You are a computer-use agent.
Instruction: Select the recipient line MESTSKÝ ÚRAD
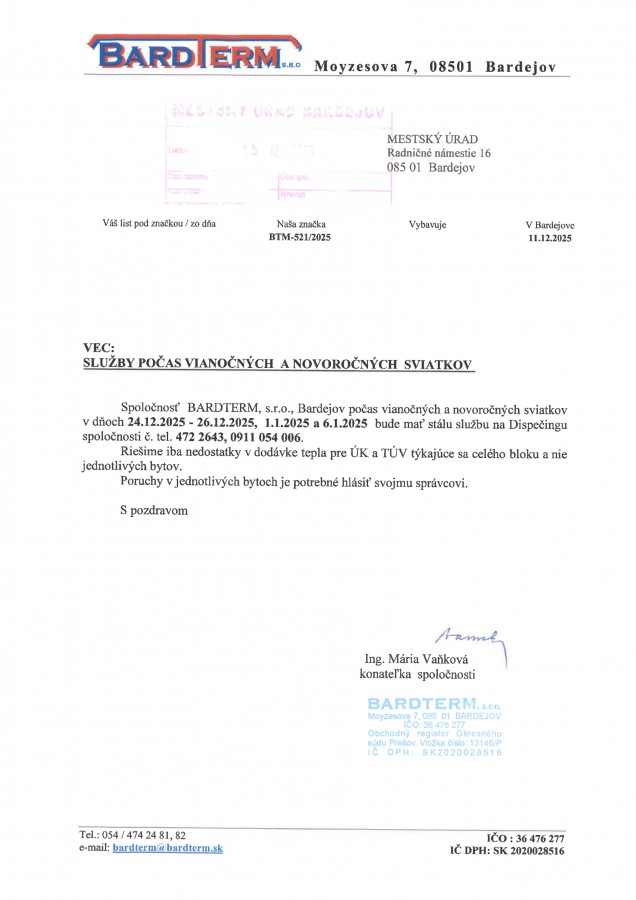pyautogui.click(x=433, y=138)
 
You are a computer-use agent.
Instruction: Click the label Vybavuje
pyautogui.click(x=427, y=225)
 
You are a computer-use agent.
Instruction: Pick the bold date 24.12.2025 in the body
pyautogui.click(x=161, y=423)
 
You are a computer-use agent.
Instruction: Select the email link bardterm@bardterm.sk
pyautogui.click(x=168, y=847)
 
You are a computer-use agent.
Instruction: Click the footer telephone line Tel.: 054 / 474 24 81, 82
pyautogui.click(x=132, y=834)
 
